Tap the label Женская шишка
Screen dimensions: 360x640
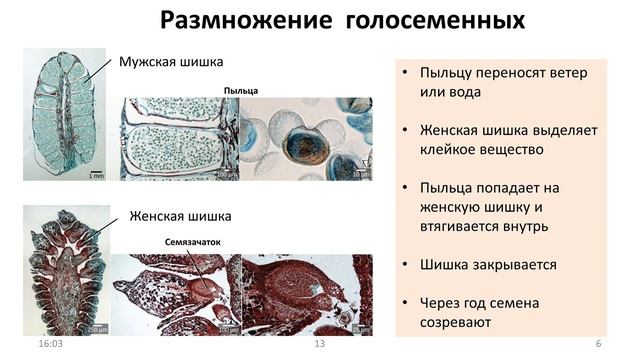181,215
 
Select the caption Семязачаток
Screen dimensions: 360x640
185,242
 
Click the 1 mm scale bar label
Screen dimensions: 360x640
96,177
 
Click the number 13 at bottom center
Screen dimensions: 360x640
320,344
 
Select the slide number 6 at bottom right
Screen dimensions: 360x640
597,344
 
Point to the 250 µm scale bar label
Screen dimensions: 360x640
97,329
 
